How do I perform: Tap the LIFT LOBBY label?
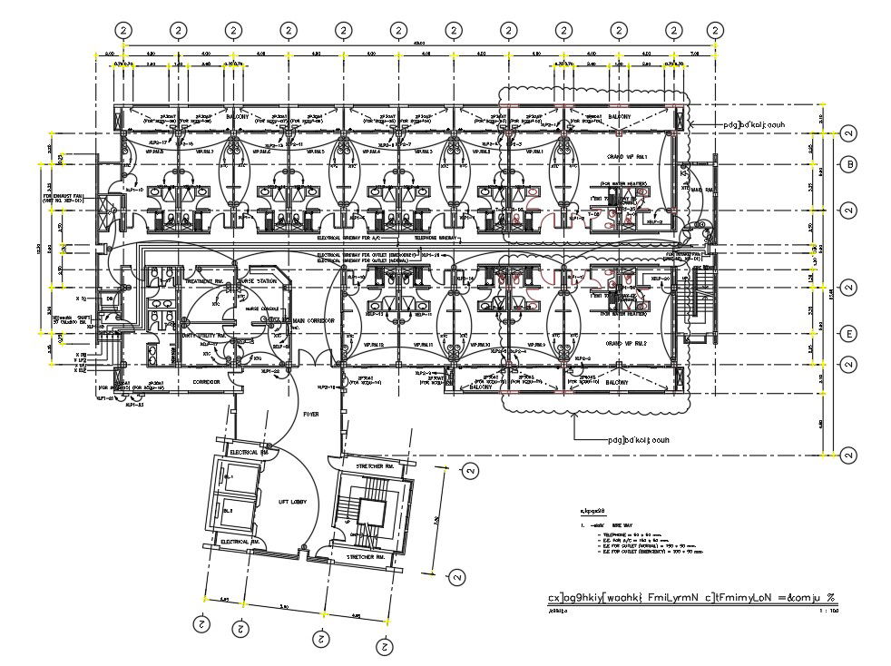tap(292, 502)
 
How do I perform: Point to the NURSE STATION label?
tap(259, 281)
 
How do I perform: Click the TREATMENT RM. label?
tap(204, 281)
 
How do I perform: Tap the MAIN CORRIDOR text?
tap(313, 320)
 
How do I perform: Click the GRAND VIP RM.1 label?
tap(624, 157)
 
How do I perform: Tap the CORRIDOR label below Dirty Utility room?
tap(207, 382)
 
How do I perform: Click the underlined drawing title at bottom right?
tap(690, 598)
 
